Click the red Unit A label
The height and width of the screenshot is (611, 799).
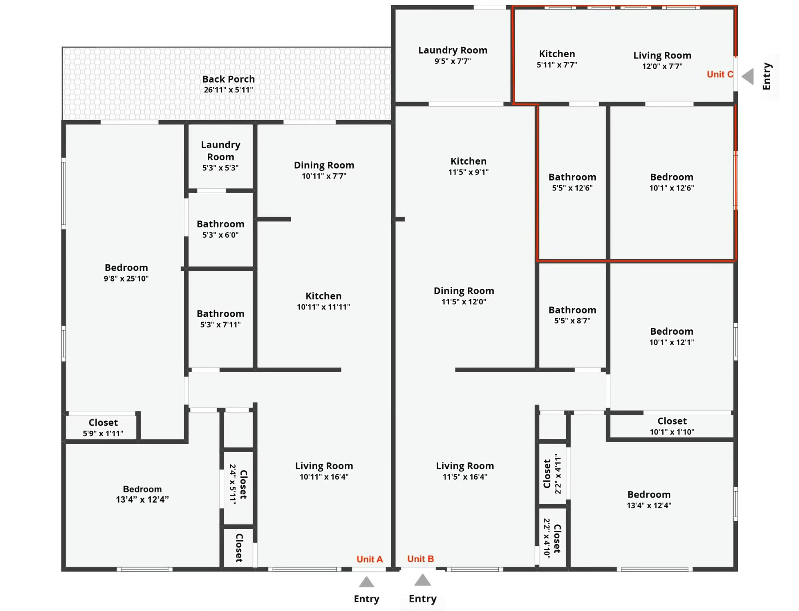(x=370, y=559)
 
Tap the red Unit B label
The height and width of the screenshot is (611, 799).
(x=420, y=559)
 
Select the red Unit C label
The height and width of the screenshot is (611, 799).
(x=720, y=74)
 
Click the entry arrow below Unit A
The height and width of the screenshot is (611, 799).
(x=366, y=582)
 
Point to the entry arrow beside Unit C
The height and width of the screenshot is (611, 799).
(x=748, y=76)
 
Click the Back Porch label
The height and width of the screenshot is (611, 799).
(x=228, y=79)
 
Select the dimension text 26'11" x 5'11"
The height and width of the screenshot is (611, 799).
(x=228, y=90)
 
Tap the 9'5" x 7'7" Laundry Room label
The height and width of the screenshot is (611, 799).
(x=453, y=55)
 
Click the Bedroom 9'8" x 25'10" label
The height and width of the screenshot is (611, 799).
(x=126, y=273)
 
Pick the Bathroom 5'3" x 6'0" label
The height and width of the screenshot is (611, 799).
(x=221, y=229)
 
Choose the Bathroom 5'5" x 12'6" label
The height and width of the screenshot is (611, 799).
(x=572, y=182)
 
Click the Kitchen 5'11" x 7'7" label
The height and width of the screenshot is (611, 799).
(x=557, y=59)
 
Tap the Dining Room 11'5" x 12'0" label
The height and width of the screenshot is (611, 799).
(x=464, y=296)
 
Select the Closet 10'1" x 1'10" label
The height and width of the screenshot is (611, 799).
(x=672, y=426)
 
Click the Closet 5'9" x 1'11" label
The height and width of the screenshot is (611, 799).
(x=103, y=428)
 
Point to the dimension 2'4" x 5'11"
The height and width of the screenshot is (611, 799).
(x=233, y=484)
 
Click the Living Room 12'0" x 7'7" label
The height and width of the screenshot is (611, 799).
(x=662, y=60)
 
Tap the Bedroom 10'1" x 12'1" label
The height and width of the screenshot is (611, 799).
(x=672, y=336)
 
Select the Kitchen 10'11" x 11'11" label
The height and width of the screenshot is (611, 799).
(x=323, y=301)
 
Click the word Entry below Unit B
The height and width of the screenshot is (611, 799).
(x=423, y=599)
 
